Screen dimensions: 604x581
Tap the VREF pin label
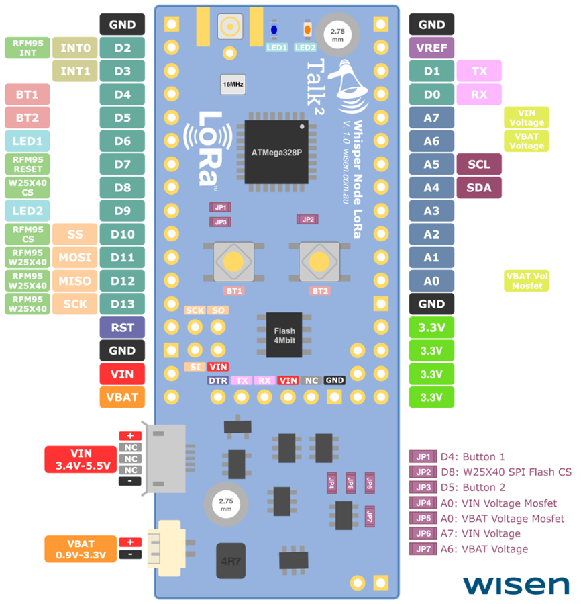pos(431,48)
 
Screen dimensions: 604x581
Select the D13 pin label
pos(122,304)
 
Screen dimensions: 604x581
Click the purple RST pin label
pos(122,327)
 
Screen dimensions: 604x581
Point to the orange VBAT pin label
pos(122,397)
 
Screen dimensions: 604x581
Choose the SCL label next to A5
pos(478,164)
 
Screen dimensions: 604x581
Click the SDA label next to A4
pos(478,187)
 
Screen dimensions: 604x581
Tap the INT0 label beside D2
pos(75,48)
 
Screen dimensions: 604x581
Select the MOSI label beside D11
pos(75,257)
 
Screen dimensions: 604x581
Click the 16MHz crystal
pos(232,84)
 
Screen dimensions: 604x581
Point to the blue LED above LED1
pos(274,30)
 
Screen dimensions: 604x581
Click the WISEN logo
pos(515,584)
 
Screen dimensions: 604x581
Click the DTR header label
pos(217,380)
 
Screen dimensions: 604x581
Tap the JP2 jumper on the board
pos(308,220)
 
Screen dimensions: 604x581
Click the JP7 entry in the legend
pos(423,549)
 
